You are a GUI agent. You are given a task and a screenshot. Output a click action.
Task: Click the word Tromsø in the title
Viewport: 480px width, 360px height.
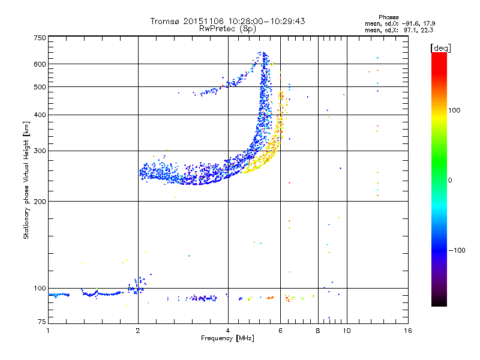point(166,21)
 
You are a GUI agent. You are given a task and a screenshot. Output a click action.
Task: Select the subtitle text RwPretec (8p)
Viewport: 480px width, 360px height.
point(227,29)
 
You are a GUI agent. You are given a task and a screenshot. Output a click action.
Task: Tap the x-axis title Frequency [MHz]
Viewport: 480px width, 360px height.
point(227,338)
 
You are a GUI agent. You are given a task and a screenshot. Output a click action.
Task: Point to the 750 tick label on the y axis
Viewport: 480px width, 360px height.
point(40,38)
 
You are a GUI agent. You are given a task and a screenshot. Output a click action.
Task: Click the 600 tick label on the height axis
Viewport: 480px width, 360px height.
point(40,64)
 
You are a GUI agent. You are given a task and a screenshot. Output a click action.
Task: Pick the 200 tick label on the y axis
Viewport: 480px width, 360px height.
point(40,202)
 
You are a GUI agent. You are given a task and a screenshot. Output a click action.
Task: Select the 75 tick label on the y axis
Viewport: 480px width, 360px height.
point(42,322)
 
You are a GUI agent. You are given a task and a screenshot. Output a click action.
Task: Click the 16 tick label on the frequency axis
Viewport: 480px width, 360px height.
point(408,331)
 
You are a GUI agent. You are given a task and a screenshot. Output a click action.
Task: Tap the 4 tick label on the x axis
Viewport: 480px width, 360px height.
point(228,331)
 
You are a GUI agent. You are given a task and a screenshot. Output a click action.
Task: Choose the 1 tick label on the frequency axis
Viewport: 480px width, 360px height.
point(48,331)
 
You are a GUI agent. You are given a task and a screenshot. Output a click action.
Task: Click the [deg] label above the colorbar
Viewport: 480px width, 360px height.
point(441,49)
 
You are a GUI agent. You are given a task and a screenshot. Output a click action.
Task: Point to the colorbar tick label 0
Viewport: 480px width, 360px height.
point(450,181)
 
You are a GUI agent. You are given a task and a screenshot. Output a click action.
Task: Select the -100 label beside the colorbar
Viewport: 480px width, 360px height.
point(457,250)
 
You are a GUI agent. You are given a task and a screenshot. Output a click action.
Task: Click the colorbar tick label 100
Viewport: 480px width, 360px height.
point(454,110)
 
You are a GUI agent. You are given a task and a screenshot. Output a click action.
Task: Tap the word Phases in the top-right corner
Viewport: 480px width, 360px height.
point(388,17)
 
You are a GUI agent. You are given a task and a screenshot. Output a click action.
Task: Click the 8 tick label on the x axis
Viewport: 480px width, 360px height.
point(318,331)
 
